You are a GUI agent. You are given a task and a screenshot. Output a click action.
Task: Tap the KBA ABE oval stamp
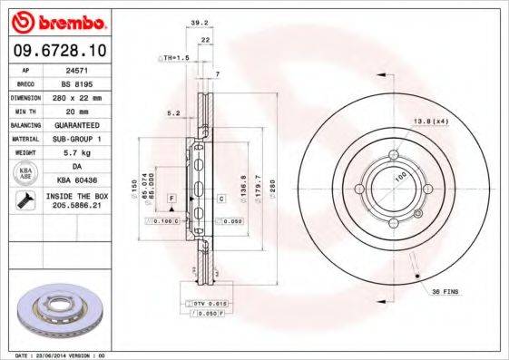[x=25, y=172]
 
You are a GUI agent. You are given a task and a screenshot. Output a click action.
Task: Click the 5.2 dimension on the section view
[x=172, y=113]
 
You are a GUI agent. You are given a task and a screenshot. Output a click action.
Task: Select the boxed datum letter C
[x=220, y=197]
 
